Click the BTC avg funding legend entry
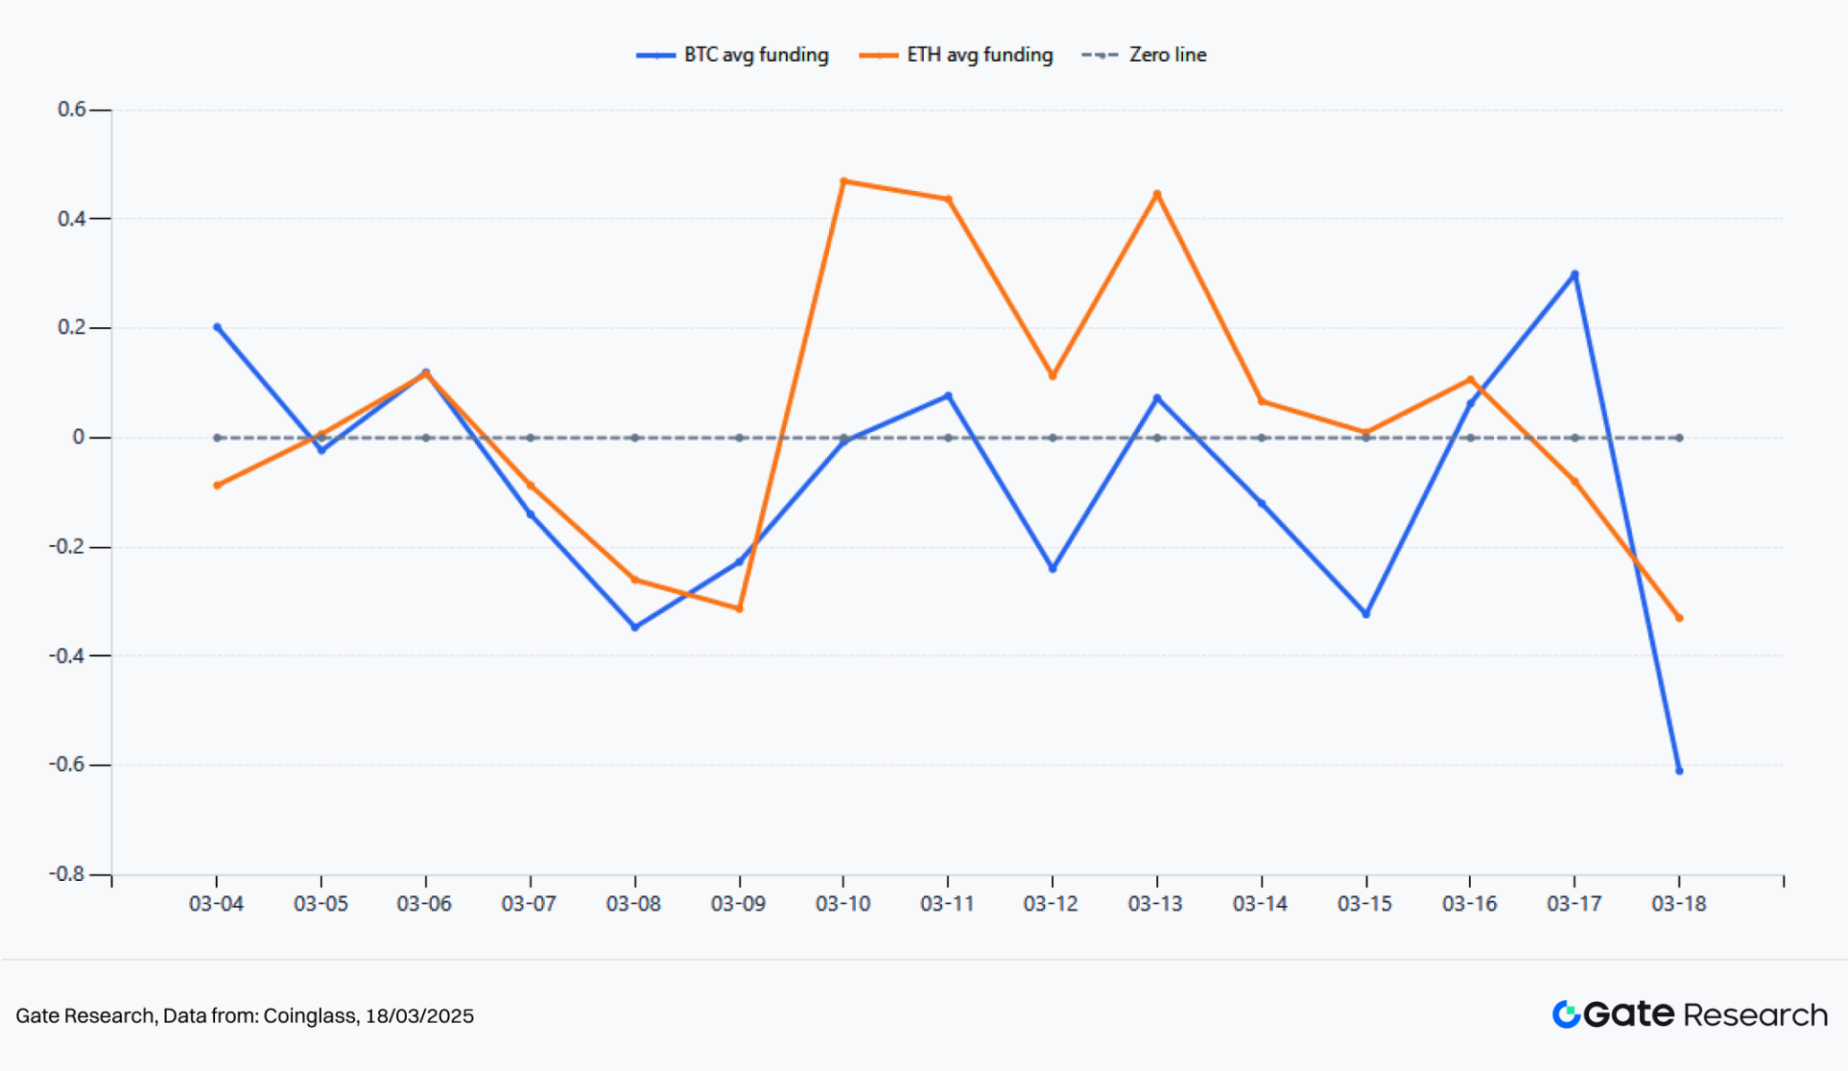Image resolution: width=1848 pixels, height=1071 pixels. [x=733, y=55]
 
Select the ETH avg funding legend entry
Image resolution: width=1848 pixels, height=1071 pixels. [x=957, y=55]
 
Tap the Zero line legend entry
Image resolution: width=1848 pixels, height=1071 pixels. [x=1145, y=55]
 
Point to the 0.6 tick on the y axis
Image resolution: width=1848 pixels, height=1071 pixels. [x=72, y=109]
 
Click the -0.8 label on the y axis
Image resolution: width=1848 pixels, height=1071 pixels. [x=67, y=874]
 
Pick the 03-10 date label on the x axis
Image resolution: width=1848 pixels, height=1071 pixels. [x=842, y=904]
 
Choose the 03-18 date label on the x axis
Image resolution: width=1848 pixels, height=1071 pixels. [x=1678, y=904]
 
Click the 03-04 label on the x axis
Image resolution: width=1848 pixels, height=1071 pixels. [x=216, y=904]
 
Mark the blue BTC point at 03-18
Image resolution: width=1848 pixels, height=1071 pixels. [x=1679, y=771]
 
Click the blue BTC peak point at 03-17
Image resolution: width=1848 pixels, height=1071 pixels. [x=1575, y=274]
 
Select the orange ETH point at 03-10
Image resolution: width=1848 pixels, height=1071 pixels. [x=843, y=181]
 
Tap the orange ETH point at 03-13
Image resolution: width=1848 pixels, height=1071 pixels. [x=1157, y=194]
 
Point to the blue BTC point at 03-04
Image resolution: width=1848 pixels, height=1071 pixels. [x=217, y=327]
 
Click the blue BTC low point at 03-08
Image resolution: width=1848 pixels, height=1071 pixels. [x=635, y=628]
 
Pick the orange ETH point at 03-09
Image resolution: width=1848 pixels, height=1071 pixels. [x=739, y=608]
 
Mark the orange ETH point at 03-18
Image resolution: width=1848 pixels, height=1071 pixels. [x=1679, y=618]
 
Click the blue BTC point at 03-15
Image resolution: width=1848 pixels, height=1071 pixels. [x=1366, y=614]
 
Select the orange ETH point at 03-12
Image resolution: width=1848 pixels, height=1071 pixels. [x=1053, y=376]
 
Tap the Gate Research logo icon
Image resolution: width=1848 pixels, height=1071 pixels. [x=1566, y=1014]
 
